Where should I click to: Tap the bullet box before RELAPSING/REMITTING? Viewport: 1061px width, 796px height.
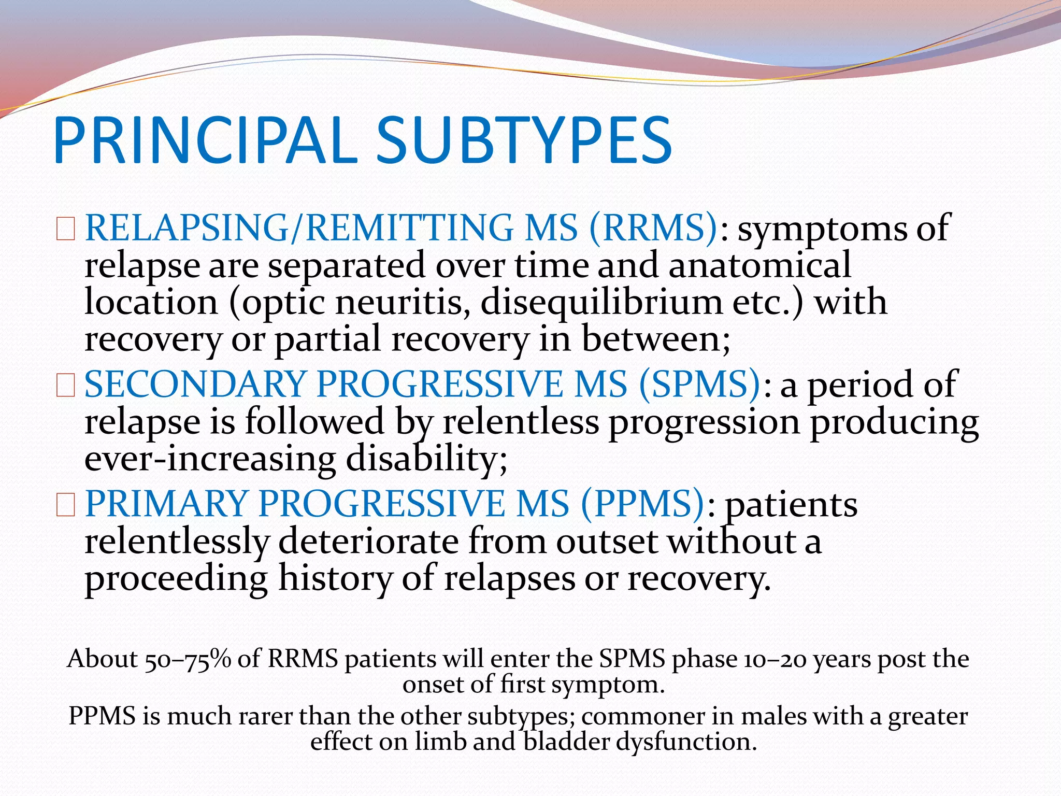66,229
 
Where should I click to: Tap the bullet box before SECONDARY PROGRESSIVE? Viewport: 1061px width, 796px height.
66,386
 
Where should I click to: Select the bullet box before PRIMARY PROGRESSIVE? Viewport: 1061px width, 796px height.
66,505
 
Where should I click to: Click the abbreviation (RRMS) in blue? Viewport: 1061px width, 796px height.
653,228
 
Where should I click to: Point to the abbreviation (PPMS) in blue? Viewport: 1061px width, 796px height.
642,504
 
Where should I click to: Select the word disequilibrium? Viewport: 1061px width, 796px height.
601,303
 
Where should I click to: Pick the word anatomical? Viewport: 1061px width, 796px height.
759,265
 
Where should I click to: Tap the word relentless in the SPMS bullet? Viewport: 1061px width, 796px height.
521,422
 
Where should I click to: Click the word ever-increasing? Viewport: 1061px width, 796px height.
210,459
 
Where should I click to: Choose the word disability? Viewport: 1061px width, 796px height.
426,459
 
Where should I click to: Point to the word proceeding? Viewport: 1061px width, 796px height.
176,579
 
